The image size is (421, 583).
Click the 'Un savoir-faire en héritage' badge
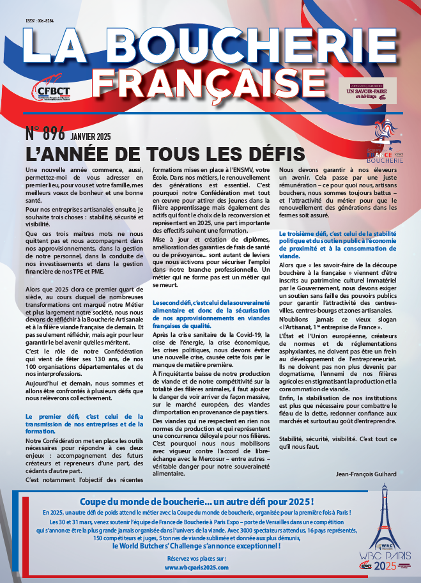coord(367,91)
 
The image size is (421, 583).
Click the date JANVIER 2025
coord(91,136)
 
